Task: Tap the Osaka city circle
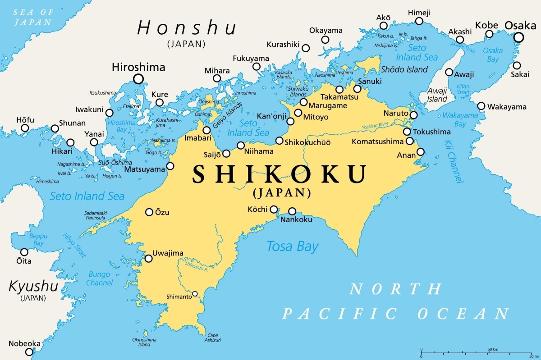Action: pos(519,37)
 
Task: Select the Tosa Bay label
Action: pos(292,246)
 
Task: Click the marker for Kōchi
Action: pos(274,209)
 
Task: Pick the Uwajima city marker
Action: pos(148,259)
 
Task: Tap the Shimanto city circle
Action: pos(195,294)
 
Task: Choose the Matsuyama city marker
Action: pos(170,166)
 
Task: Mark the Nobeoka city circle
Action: pos(29,352)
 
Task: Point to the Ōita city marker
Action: pos(24,252)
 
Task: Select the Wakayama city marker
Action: pos(481,106)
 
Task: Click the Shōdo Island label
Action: pos(404,69)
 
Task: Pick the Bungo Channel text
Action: pos(100,278)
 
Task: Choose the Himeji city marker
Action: pos(419,21)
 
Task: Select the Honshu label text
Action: pos(187,28)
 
